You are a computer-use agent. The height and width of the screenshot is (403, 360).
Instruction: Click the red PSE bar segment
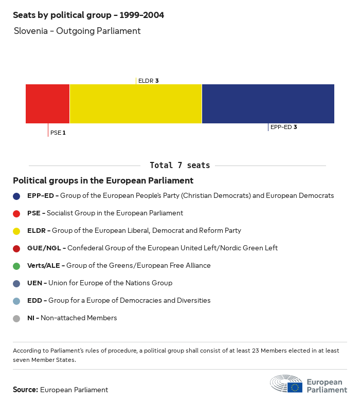pyautogui.click(x=47, y=104)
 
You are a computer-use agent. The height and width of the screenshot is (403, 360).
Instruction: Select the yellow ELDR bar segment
pyautogui.click(x=135, y=104)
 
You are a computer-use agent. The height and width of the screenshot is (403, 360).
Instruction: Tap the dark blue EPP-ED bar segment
pyautogui.click(x=268, y=104)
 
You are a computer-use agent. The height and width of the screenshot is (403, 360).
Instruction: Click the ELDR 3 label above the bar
pyautogui.click(x=148, y=81)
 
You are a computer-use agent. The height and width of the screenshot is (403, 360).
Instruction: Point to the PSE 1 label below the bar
pyautogui.click(x=58, y=133)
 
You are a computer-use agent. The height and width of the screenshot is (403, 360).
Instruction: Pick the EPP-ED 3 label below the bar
pyautogui.click(x=283, y=127)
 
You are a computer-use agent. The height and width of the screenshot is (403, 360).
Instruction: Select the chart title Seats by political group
pyautogui.click(x=88, y=15)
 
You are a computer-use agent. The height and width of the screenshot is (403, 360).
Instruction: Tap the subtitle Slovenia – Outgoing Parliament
pyautogui.click(x=77, y=31)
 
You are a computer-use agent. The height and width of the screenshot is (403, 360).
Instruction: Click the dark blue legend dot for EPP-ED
pyautogui.click(x=16, y=196)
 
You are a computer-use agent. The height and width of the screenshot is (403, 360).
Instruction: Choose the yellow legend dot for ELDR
pyautogui.click(x=16, y=231)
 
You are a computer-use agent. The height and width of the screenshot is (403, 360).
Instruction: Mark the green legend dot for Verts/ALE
pyautogui.click(x=16, y=266)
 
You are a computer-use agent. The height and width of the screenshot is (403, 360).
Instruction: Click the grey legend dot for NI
pyautogui.click(x=16, y=318)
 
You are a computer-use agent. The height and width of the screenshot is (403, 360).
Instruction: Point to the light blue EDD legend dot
pyautogui.click(x=16, y=301)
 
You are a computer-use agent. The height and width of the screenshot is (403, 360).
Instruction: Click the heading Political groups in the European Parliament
pyautogui.click(x=103, y=181)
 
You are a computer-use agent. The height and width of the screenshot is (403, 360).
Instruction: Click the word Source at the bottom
pyautogui.click(x=25, y=390)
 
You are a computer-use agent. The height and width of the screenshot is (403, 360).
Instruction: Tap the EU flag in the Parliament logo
pyautogui.click(x=295, y=387)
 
